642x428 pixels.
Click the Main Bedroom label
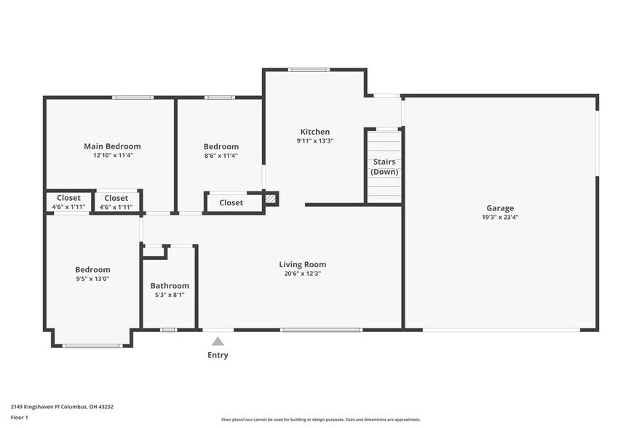click(x=112, y=146)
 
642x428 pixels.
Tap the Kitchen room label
click(x=314, y=132)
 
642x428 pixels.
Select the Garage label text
click(x=500, y=207)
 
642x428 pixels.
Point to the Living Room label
click(x=302, y=264)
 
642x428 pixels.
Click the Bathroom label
click(x=170, y=286)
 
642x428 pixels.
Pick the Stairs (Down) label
click(x=384, y=167)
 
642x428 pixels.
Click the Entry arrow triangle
click(x=218, y=341)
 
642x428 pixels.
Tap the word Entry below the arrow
click(x=218, y=355)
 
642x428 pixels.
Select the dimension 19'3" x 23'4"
click(x=500, y=217)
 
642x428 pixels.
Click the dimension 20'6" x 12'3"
click(x=302, y=274)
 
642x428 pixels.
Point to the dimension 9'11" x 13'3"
click(x=314, y=140)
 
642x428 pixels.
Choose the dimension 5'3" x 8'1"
click(x=170, y=295)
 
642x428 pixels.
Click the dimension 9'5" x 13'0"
click(x=92, y=279)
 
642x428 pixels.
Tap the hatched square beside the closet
click(x=271, y=197)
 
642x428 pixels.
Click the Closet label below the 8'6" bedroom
click(x=231, y=203)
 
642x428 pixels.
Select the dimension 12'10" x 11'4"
click(x=112, y=155)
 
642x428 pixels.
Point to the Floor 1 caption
click(x=19, y=417)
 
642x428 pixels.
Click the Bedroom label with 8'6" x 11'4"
click(x=221, y=146)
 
